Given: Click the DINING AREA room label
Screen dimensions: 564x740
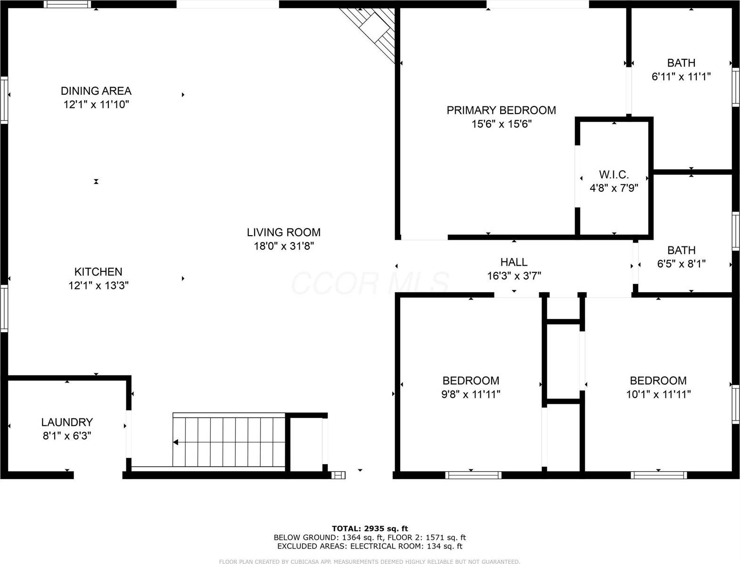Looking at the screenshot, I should point(96,91).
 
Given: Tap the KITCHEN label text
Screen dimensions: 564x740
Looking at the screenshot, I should point(99,272).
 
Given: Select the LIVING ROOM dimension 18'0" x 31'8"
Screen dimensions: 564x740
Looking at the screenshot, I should point(284,246).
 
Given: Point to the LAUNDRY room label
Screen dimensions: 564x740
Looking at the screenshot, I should point(67,422).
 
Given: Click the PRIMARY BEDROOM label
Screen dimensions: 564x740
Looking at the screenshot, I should point(501,110).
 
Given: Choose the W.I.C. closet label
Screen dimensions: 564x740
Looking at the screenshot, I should point(614,174).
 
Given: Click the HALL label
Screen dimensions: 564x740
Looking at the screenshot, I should point(514,262).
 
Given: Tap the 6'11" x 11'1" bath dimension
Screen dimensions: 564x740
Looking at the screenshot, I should point(681,76).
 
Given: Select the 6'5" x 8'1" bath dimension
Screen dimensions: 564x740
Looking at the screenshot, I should point(681,264).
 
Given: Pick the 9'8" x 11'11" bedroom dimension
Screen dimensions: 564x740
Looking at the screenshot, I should point(470,394).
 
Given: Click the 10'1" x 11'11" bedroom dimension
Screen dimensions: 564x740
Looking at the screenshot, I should point(658,394).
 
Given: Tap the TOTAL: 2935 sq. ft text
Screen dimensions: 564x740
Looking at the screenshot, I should point(370,528).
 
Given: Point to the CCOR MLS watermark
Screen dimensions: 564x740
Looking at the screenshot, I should point(370,283).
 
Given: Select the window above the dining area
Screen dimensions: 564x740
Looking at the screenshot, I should point(67,4).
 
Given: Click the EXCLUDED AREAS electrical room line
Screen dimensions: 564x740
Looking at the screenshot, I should point(370,546).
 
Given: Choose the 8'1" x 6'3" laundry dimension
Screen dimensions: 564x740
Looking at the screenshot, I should point(67,436).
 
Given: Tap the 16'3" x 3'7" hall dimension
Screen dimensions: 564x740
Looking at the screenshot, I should point(514,276).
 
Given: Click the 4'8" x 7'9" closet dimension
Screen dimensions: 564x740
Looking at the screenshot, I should point(614,188).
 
